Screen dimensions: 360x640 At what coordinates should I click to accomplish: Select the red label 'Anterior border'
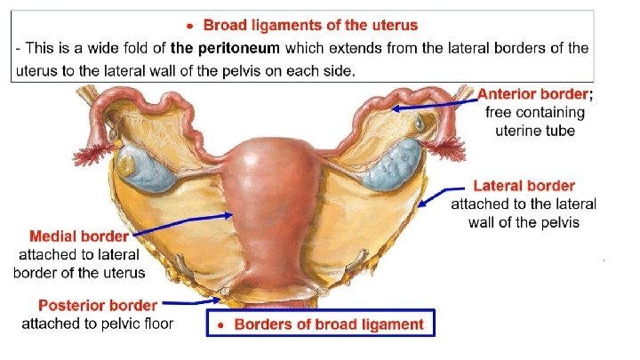[x=532, y=94]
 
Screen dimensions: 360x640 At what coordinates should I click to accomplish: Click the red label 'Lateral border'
[x=524, y=187]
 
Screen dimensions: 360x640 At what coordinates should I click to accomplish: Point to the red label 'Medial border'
[x=79, y=237]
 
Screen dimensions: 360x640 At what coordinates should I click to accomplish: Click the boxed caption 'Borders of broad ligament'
[x=329, y=324]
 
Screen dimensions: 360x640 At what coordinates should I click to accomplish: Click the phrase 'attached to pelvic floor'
[x=98, y=324]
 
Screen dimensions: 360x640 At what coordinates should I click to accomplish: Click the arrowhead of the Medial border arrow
[x=232, y=214]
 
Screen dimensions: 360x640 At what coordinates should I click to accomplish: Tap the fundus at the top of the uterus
[x=268, y=146]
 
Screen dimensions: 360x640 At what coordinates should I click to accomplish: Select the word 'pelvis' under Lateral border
[x=558, y=221]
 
